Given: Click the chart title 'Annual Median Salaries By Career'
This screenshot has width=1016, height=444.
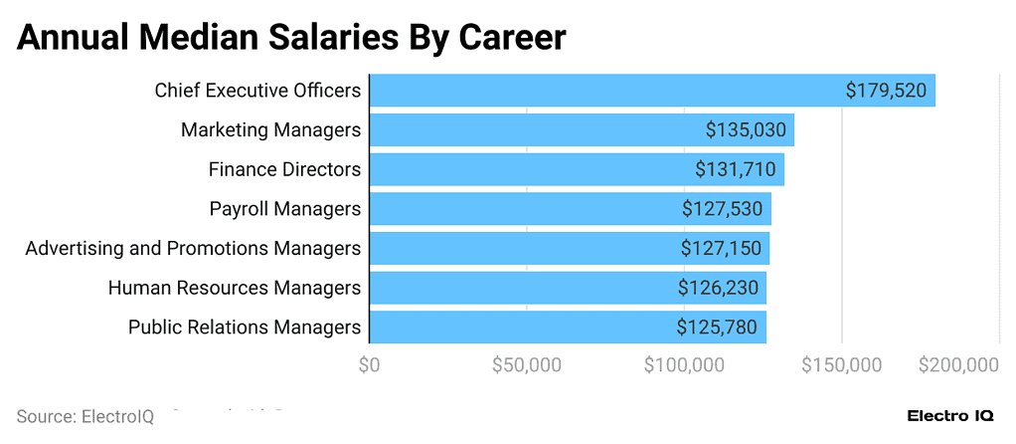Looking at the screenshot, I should click(291, 38).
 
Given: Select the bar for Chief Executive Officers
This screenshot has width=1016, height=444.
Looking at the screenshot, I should click(596, 91).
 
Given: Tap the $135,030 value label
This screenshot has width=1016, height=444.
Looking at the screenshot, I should click(746, 130).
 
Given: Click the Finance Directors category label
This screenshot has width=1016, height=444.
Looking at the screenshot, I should click(284, 169).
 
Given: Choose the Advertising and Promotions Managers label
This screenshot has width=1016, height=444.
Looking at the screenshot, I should click(193, 248).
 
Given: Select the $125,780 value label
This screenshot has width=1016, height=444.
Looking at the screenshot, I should click(717, 327).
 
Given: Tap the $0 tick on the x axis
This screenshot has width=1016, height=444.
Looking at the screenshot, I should click(369, 365).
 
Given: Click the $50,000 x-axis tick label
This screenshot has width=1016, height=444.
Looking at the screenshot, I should click(526, 365).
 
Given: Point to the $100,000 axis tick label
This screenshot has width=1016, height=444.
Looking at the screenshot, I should click(684, 365).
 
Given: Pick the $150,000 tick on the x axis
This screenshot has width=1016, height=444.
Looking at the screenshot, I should click(841, 365).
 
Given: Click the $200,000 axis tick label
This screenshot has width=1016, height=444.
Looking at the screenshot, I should click(958, 365).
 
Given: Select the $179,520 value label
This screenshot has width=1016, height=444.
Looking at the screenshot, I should click(886, 91).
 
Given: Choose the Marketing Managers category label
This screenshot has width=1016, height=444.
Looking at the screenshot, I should click(270, 130).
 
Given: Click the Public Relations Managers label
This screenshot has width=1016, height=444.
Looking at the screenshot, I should click(245, 327).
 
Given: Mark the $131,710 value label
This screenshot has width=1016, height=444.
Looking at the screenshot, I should click(735, 169).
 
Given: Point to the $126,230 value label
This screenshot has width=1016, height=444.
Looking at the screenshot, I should click(718, 288).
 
